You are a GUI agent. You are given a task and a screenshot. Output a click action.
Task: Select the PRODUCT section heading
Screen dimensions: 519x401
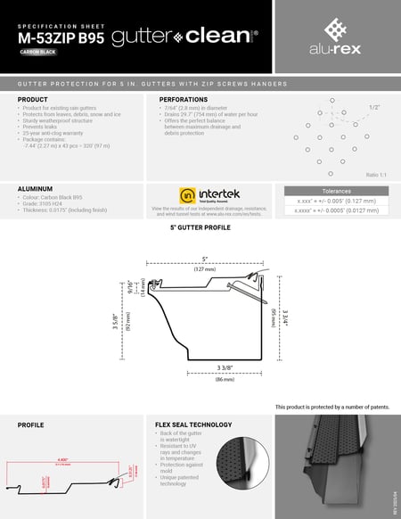(33, 99)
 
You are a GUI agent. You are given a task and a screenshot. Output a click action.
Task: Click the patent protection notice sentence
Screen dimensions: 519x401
(332, 406)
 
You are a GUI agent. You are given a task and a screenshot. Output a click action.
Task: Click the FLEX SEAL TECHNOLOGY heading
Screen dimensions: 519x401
(193, 424)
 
